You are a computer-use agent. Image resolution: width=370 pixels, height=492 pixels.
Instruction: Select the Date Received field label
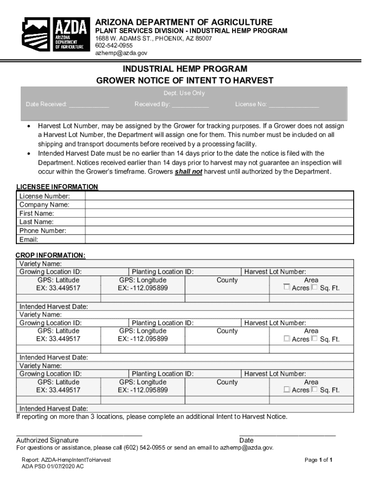[x=47, y=104]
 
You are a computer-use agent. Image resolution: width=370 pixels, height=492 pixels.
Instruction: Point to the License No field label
[x=251, y=104]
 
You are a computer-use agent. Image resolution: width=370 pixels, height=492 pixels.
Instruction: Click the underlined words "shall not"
[x=188, y=171]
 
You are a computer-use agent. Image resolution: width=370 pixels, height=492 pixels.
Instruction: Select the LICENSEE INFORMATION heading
[x=57, y=186]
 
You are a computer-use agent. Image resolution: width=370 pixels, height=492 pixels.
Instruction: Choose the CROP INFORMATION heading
[x=50, y=255]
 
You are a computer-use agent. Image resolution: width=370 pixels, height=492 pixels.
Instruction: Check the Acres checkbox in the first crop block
[x=287, y=287]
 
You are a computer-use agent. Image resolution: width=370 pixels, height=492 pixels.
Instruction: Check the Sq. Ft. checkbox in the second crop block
[x=314, y=338]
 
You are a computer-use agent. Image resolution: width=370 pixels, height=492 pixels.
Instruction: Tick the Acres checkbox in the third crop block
[x=287, y=389]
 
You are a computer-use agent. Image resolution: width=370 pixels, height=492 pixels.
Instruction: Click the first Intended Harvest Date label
[x=53, y=306]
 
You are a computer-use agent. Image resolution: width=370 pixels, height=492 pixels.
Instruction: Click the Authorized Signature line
[x=79, y=434]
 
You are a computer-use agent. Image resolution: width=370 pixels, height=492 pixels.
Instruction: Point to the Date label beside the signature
[x=247, y=440]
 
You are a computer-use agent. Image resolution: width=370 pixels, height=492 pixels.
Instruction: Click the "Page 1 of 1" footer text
[x=319, y=460]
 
